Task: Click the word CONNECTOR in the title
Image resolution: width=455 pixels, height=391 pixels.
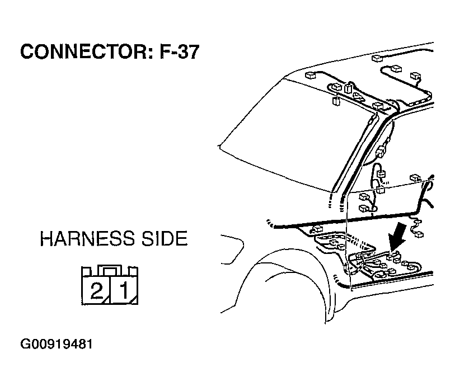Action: click(84, 51)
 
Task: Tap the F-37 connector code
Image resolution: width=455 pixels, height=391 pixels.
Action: click(180, 51)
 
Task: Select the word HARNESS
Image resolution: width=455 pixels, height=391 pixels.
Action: click(87, 239)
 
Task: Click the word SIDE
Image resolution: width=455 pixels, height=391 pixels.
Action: click(164, 239)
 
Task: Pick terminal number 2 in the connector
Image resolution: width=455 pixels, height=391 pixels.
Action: click(96, 291)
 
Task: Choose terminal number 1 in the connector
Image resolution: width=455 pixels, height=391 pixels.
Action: click(124, 291)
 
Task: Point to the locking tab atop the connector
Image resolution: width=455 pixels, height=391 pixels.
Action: click(109, 270)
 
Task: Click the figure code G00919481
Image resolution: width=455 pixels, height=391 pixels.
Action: click(57, 344)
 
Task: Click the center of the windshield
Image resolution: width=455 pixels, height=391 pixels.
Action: click(299, 134)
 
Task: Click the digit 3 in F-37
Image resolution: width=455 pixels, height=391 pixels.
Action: click(183, 51)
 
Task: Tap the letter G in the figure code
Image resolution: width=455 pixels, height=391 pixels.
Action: click(25, 344)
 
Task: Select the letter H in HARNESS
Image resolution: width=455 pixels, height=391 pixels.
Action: click(46, 239)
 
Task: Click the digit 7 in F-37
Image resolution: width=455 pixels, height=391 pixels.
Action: click(194, 51)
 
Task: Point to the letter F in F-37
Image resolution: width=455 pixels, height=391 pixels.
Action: click(165, 51)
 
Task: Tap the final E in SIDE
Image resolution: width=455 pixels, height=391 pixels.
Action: click(182, 239)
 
